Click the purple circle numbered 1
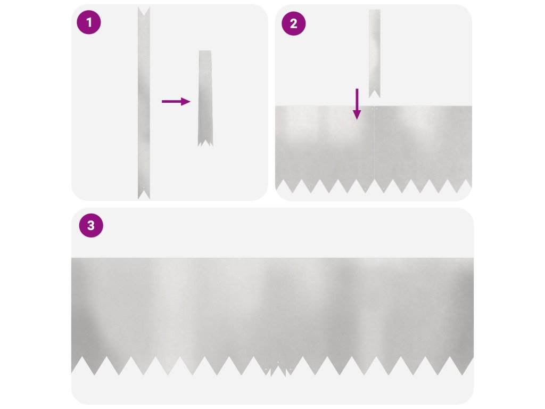coord(89,22)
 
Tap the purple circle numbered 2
coord(293,23)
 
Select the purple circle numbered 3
coord(91,225)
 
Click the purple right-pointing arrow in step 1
coord(176,102)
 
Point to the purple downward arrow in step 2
coord(357,104)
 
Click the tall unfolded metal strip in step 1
coord(144,103)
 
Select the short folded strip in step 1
coord(205,98)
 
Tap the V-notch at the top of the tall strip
coord(144,11)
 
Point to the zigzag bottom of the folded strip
coord(205,143)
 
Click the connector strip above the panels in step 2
coord(374,54)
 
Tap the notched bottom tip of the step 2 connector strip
coord(374,94)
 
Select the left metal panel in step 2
coord(325,149)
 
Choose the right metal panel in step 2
coord(423,149)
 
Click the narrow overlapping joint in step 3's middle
coord(278,316)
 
